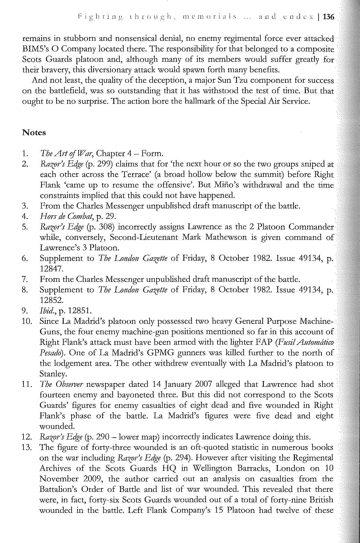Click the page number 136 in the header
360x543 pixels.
pos(329,17)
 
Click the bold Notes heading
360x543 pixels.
pos(34,133)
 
